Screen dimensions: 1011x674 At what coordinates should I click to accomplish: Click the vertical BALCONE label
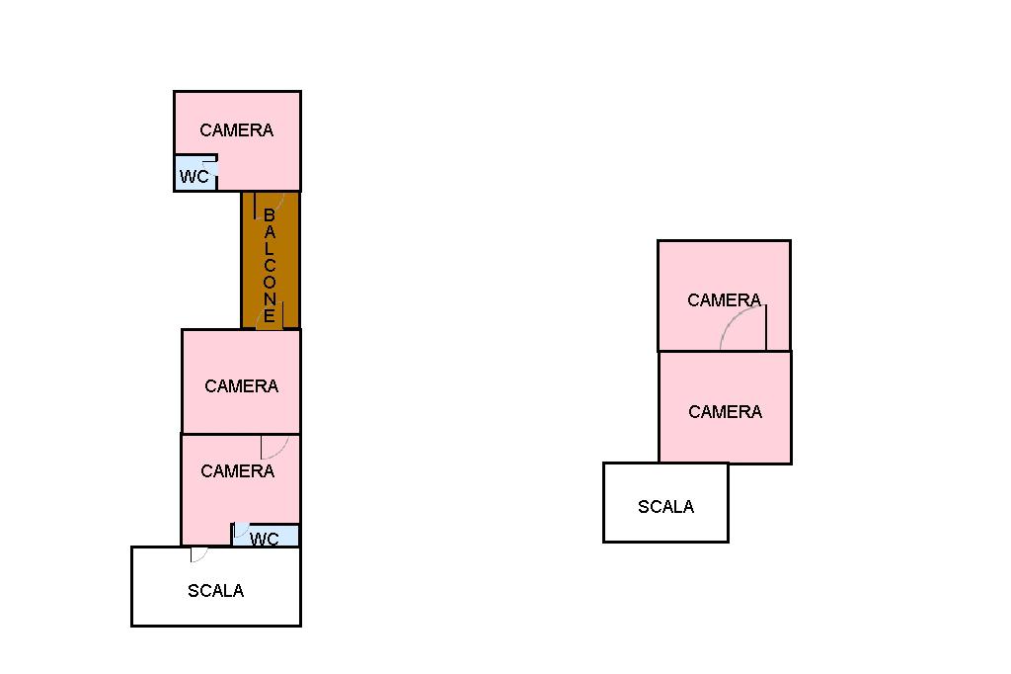pos(270,265)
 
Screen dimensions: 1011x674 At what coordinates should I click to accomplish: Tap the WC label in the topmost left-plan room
pos(194,176)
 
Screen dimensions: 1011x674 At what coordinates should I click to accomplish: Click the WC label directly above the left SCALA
pos(265,539)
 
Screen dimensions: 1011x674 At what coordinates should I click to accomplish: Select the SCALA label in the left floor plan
pos(216,591)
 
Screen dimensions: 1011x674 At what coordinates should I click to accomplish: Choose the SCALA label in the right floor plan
pos(666,507)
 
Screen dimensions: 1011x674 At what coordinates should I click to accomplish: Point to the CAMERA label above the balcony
pos(237,130)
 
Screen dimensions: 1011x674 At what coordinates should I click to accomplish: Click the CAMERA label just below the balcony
pos(242,386)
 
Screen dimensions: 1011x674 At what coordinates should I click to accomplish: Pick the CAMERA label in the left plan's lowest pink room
pos(238,471)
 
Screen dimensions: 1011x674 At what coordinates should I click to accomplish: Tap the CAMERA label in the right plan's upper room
pos(725,300)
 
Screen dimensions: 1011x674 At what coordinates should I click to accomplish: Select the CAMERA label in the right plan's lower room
pos(726,412)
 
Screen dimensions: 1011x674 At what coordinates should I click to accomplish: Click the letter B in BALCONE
pos(270,215)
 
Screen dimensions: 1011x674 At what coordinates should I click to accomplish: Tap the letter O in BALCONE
pos(270,282)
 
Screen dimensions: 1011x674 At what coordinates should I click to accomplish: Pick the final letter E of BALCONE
pos(270,316)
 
